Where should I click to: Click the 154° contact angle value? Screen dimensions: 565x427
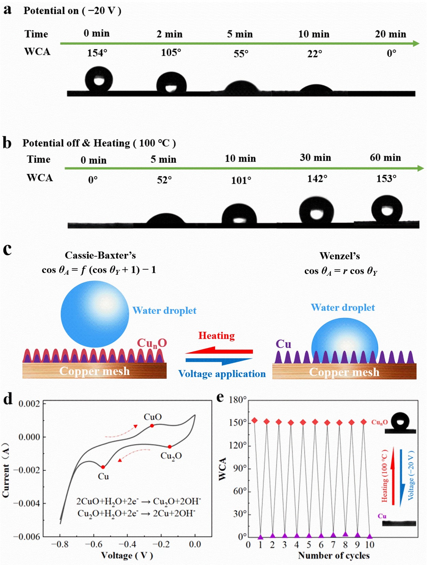click(97, 53)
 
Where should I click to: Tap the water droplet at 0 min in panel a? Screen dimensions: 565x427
click(99, 79)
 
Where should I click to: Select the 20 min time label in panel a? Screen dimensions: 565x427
click(390, 34)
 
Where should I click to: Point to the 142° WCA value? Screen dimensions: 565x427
click(317, 178)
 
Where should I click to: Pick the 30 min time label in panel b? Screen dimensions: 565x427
click(315, 158)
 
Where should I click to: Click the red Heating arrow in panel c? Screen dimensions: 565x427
click(219, 351)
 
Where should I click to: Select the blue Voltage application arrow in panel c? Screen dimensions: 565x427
click(219, 360)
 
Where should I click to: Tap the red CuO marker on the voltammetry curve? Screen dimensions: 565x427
click(152, 426)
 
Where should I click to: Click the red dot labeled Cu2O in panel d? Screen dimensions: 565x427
click(170, 447)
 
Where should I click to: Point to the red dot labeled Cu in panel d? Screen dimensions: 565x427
click(103, 467)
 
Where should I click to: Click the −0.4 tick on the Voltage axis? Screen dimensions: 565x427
click(127, 544)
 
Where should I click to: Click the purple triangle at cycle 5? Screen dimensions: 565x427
click(309, 536)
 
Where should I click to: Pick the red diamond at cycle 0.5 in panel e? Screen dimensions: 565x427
click(254, 421)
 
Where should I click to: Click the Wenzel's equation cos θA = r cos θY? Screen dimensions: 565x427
click(341, 271)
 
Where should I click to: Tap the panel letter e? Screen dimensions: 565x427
click(220, 397)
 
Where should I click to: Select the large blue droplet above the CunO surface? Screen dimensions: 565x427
click(95, 314)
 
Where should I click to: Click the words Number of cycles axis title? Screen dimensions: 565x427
click(334, 555)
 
